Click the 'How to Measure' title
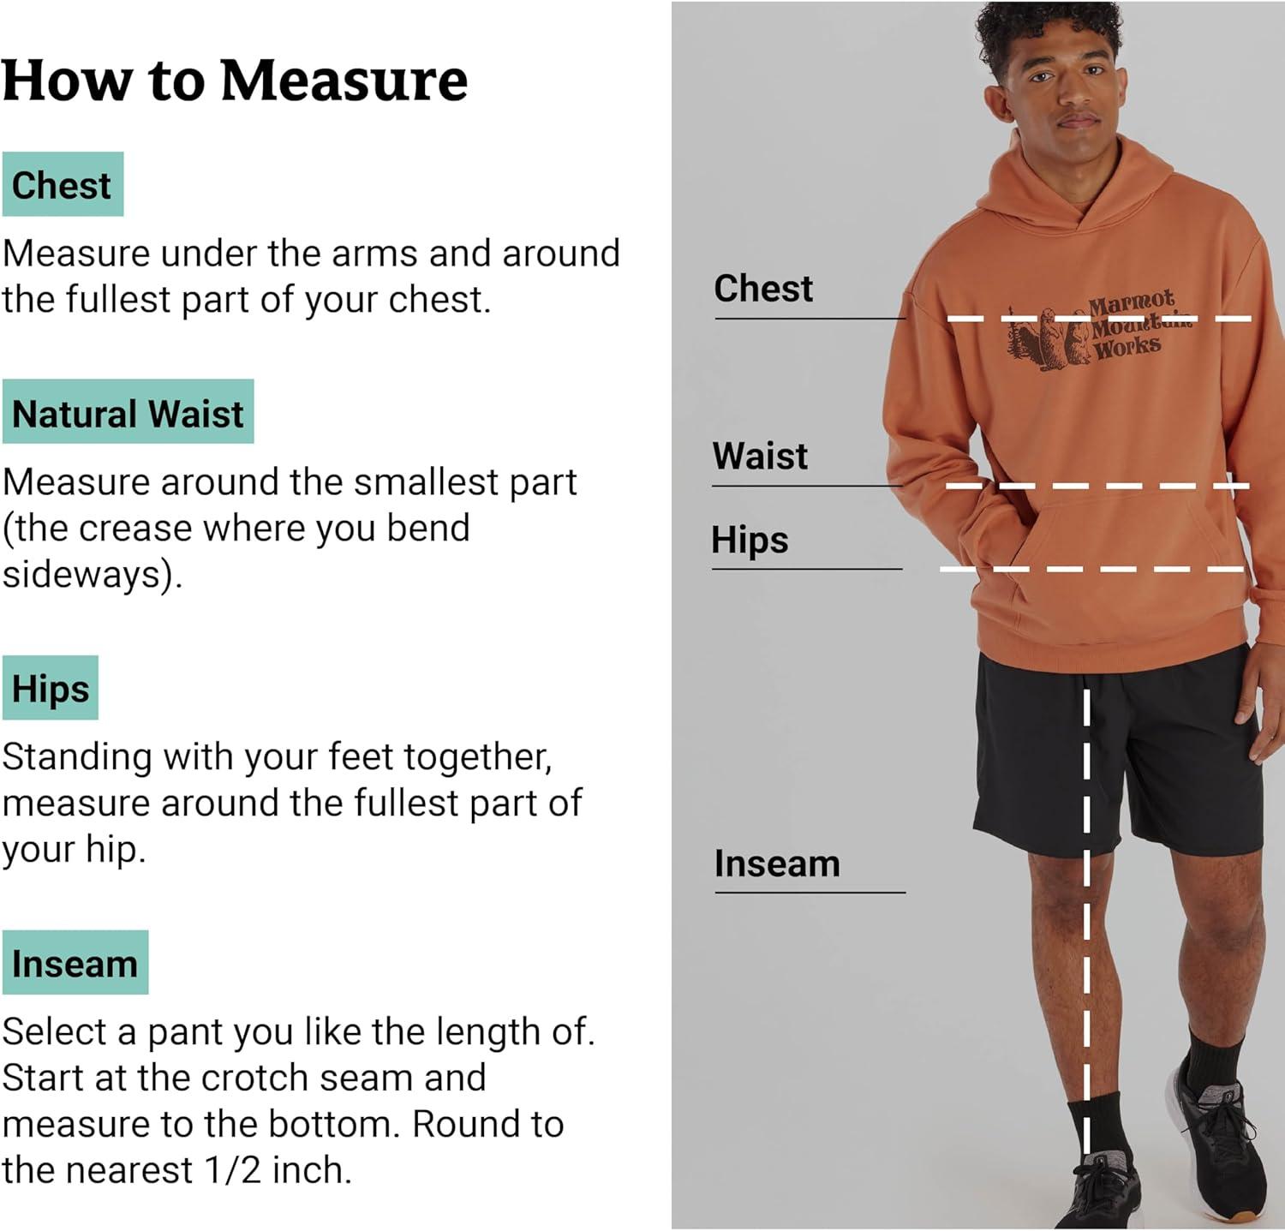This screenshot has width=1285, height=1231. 235,81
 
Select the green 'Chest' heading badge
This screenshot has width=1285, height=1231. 63,184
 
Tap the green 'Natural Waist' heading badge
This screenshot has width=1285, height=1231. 128,412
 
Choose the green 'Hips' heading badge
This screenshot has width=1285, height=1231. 51,688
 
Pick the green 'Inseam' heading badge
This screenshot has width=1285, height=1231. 75,963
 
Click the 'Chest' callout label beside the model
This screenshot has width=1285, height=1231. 763,289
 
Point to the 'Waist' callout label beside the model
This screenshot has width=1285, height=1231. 760,456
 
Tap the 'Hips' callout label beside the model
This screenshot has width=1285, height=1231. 750,541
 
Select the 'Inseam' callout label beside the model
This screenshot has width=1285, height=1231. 777,863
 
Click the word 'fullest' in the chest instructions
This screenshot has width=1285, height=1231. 119,300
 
